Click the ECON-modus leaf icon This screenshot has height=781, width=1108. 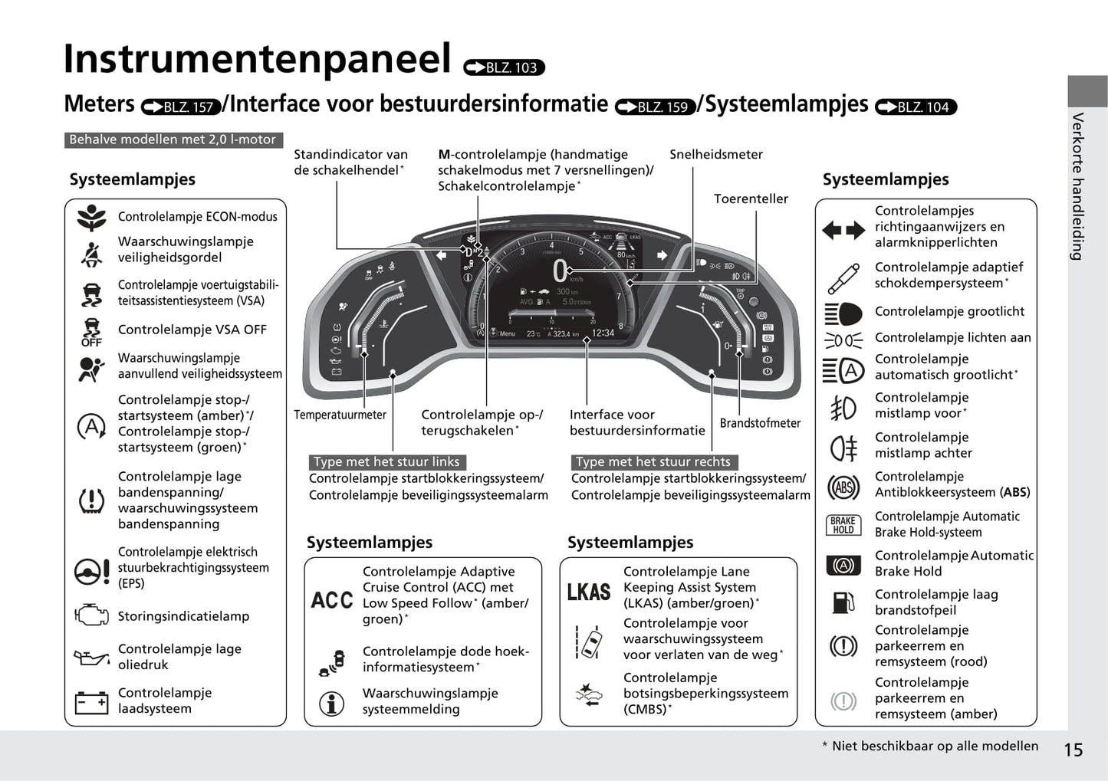pyautogui.click(x=91, y=218)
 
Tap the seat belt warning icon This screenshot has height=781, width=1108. pyautogui.click(x=91, y=254)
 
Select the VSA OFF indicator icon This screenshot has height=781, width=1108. pyautogui.click(x=91, y=331)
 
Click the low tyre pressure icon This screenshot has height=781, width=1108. pyautogui.click(x=91, y=500)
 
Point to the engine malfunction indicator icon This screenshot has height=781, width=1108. pyautogui.click(x=91, y=615)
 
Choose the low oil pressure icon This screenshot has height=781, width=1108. pyautogui.click(x=91, y=657)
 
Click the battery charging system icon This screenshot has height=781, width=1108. pyautogui.click(x=91, y=701)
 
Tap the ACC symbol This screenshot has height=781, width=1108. pyautogui.click(x=332, y=599)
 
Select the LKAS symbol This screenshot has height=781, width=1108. pyautogui.click(x=589, y=592)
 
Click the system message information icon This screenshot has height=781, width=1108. pyautogui.click(x=331, y=703)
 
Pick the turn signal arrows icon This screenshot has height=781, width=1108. pyautogui.click(x=843, y=229)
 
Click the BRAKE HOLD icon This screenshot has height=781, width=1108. pyautogui.click(x=843, y=525)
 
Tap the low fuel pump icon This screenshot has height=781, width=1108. pyautogui.click(x=843, y=602)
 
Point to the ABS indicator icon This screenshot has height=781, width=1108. pyautogui.click(x=843, y=487)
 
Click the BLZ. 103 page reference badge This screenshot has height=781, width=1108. pyautogui.click(x=505, y=67)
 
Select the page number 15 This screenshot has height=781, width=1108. pyautogui.click(x=1073, y=750)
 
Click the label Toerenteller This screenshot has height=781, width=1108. pyautogui.click(x=751, y=199)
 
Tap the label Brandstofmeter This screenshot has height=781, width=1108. pyautogui.click(x=760, y=423)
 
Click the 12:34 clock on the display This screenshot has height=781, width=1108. pyautogui.click(x=603, y=333)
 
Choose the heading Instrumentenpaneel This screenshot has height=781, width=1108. pyautogui.click(x=257, y=59)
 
